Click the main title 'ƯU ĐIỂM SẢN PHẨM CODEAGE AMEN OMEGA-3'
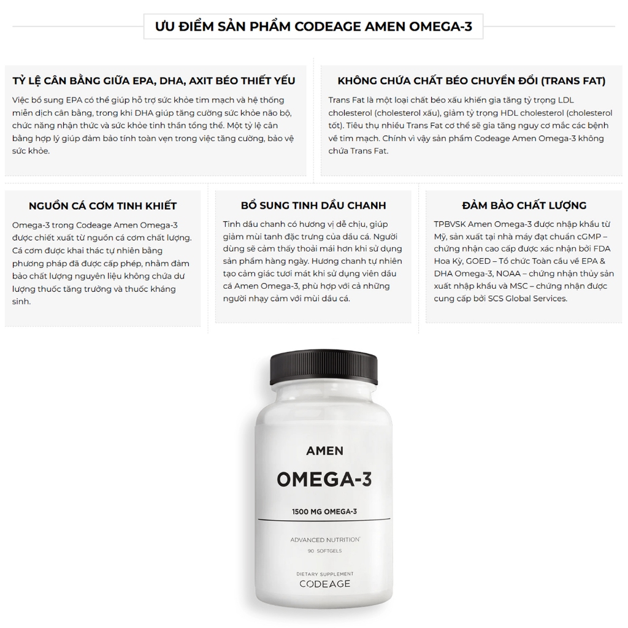point(313,26)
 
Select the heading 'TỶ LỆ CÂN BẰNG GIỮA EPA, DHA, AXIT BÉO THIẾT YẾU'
point(154,81)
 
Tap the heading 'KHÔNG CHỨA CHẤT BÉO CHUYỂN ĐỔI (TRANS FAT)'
point(472,81)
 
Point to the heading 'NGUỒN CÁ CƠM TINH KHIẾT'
point(102,206)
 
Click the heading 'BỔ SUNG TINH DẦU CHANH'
point(313,205)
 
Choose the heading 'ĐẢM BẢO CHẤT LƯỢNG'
point(524,205)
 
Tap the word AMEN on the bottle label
point(324,451)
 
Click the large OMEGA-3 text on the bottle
point(324,480)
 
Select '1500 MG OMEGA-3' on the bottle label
point(324,511)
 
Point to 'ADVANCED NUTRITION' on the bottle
point(325,540)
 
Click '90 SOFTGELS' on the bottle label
point(324,551)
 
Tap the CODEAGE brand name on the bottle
point(325,584)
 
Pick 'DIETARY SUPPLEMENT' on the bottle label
point(325,574)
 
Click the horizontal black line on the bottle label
point(324,519)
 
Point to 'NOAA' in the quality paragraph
point(508,274)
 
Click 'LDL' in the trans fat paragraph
point(566,100)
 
